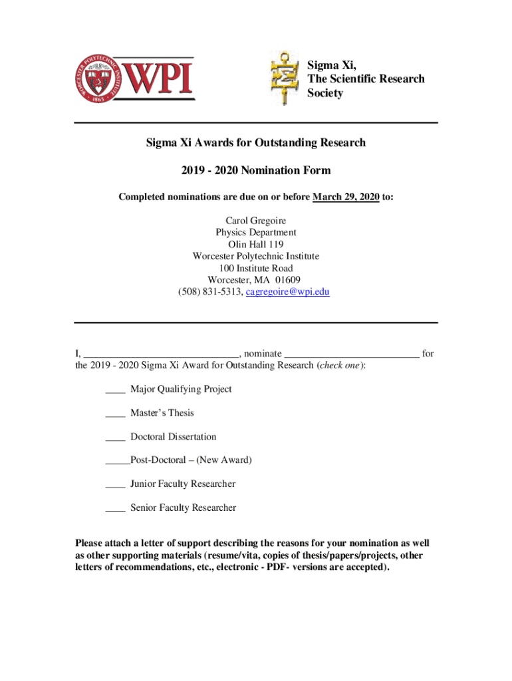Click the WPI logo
[133, 77]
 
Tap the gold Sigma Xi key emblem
[285, 79]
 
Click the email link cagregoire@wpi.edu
[288, 292]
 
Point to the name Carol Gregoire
[256, 220]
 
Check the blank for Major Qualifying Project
[115, 390]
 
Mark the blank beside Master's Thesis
[115, 414]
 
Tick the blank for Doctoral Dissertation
[115, 438]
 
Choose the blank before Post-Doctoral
[117, 462]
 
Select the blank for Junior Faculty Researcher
[115, 485]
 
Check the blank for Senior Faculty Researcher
[115, 509]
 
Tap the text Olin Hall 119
[256, 244]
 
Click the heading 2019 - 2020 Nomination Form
[256, 171]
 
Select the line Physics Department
[256, 232]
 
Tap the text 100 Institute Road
[256, 268]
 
